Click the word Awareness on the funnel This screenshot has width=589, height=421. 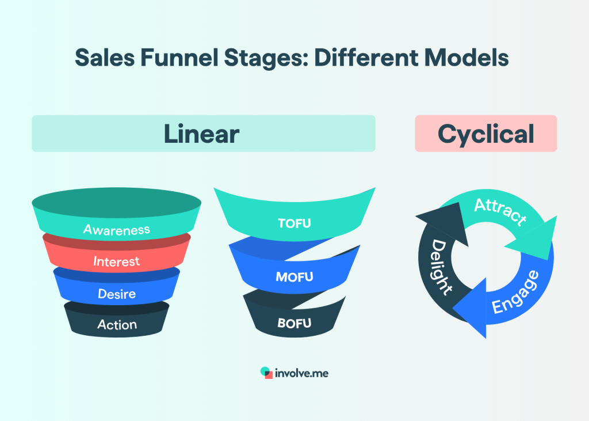point(116,230)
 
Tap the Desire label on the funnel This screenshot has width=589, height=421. point(116,294)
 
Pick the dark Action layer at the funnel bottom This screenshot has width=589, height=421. point(117,325)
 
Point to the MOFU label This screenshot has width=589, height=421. point(294,276)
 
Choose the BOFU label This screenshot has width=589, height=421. point(294,323)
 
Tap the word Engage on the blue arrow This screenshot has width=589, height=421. point(516,292)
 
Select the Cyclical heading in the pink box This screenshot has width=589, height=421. point(485,134)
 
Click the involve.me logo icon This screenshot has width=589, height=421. point(266,373)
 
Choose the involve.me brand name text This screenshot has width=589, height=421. point(302,373)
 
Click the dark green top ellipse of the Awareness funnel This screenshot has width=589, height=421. point(116,201)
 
